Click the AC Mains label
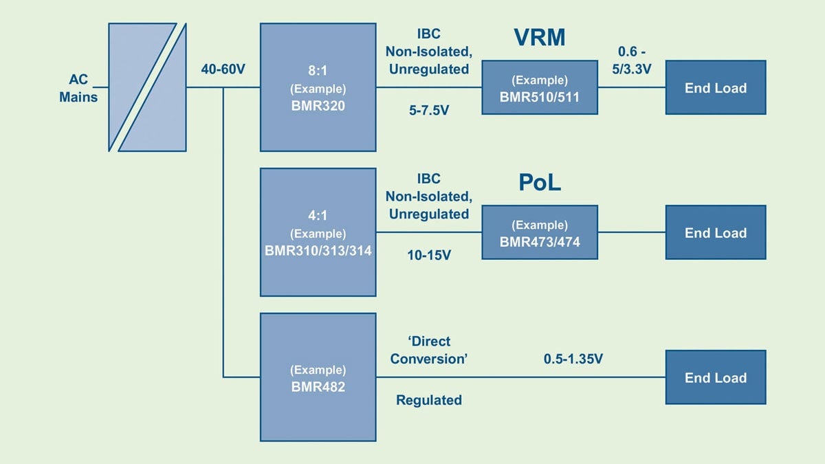78,88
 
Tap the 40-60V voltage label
223,69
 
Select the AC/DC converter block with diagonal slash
147,87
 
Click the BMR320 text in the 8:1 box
318,106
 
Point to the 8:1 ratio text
318,70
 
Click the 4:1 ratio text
318,215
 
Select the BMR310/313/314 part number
318,251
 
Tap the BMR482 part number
318,387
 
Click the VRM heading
540,38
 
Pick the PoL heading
540,183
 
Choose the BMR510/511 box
540,87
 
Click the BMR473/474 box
540,232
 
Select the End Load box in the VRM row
715,87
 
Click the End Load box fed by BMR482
715,377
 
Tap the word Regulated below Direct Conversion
429,400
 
